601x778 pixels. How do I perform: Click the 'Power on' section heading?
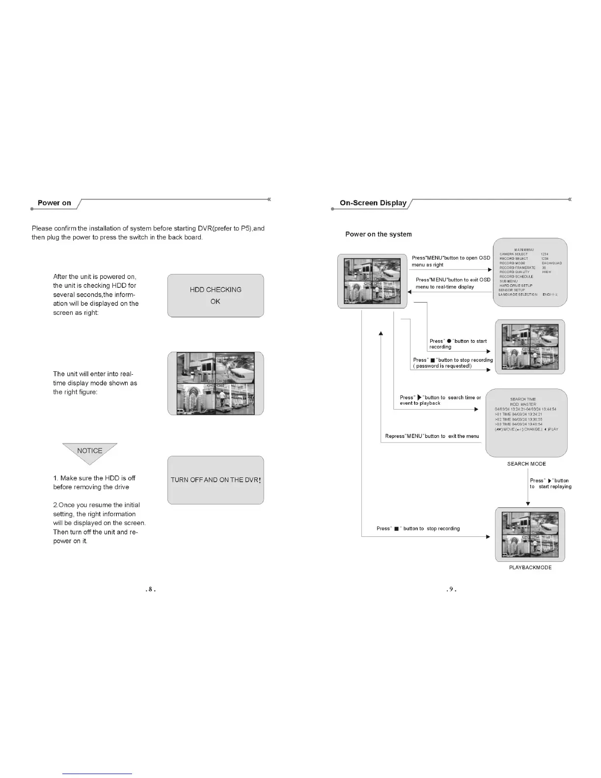point(55,203)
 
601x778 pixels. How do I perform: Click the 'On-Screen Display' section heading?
point(373,203)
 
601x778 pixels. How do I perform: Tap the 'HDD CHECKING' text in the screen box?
point(216,290)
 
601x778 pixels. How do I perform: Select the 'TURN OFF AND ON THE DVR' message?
point(216,480)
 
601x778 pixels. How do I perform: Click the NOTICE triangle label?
point(90,450)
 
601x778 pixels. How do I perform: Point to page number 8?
point(151,589)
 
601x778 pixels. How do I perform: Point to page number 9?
point(452,589)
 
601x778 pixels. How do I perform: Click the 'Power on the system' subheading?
point(379,234)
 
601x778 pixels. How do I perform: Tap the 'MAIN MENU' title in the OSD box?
point(524,250)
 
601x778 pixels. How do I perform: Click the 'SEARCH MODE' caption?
point(526,464)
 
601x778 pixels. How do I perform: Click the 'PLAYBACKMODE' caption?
point(530,567)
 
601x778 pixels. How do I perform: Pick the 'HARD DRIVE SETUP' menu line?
point(516,285)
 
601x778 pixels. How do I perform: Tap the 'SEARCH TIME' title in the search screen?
point(523,399)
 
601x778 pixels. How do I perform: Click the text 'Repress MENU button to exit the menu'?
point(432,436)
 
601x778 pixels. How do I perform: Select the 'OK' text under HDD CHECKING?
point(215,302)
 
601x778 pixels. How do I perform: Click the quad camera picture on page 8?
point(216,384)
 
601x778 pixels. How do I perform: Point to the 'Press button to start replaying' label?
point(550,484)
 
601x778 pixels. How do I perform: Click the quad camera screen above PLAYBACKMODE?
point(530,534)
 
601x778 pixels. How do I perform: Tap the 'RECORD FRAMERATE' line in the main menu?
point(518,268)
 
